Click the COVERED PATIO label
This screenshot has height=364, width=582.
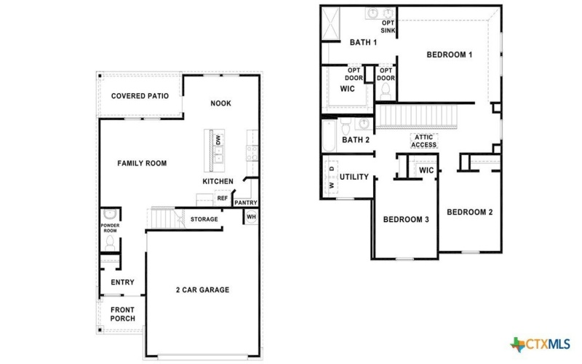(140, 96)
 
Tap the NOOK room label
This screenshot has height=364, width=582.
(220, 103)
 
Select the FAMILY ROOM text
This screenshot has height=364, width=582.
(142, 164)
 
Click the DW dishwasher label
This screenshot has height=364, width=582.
(218, 138)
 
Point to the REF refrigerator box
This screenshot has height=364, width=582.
(222, 198)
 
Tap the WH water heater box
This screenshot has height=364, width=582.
(251, 217)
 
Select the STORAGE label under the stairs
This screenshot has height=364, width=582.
(204, 219)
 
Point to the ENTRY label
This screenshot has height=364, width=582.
(122, 282)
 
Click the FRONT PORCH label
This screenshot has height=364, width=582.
(122, 314)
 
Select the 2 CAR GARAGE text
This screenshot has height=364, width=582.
(202, 290)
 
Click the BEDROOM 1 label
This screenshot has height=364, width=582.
(450, 55)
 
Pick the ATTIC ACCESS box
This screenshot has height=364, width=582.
(424, 141)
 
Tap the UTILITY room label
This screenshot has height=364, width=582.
(354, 177)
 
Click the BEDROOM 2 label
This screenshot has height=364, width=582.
(469, 213)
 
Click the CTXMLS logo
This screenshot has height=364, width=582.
(541, 344)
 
